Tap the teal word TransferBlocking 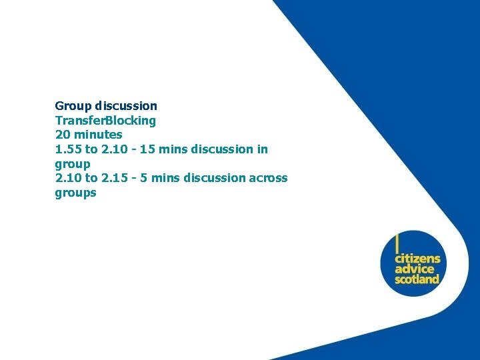pos(105,121)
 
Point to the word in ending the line pos(262,149)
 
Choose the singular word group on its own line pos(72,164)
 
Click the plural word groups pos(75,193)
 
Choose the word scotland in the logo pos(417,279)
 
